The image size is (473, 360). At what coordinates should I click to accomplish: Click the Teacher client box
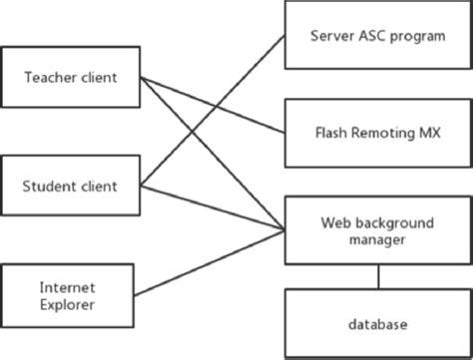coord(68,76)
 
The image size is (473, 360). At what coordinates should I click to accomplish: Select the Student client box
coord(68,185)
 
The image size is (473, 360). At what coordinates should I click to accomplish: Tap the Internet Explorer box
coord(68,296)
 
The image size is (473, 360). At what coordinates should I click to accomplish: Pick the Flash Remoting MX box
coord(377,132)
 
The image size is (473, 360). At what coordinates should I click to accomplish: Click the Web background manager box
coord(377,230)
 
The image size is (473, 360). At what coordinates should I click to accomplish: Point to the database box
coord(377,324)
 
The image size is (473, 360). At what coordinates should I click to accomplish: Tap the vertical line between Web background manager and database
coord(377,276)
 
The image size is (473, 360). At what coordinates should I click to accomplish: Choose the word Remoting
coord(379,132)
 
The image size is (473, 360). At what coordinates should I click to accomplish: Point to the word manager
coord(377,239)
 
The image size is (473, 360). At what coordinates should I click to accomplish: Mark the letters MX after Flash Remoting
coord(426,132)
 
